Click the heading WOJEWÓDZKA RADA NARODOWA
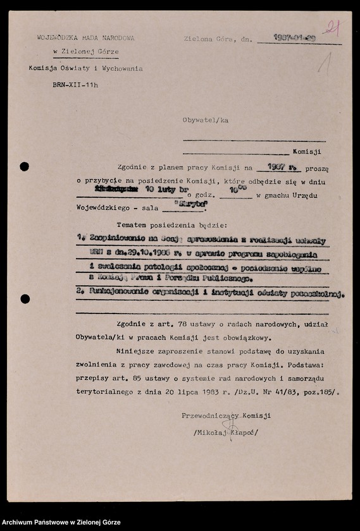tap(85, 38)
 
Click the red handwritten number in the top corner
tap(332, 27)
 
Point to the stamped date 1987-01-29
tap(295, 38)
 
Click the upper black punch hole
tap(24, 167)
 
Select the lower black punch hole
tap(25, 299)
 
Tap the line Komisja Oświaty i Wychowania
tap(85, 68)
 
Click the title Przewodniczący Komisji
tap(226, 415)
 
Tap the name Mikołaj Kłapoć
tap(226, 432)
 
